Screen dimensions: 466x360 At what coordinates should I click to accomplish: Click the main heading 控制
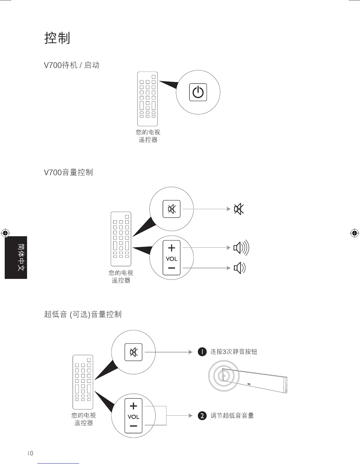pyautogui.click(x=57, y=38)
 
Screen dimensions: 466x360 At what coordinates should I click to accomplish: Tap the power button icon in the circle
pyautogui.click(x=198, y=92)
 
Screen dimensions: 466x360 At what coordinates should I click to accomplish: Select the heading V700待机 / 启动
pyautogui.click(x=71, y=65)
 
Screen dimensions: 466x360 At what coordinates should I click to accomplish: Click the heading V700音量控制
pyautogui.click(x=68, y=172)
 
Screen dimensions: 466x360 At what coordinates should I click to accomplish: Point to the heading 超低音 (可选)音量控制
pyautogui.click(x=83, y=314)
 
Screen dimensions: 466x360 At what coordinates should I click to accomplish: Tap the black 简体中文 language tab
pyautogui.click(x=16, y=257)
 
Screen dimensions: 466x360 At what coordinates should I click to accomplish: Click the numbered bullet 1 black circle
pyautogui.click(x=202, y=352)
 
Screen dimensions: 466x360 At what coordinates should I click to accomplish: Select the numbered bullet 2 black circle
pyautogui.click(x=202, y=416)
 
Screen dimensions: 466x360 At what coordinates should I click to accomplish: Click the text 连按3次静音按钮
pyautogui.click(x=234, y=352)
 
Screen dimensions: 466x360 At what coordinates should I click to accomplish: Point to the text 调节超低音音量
pyautogui.click(x=232, y=416)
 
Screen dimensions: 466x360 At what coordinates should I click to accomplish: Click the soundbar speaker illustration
pyautogui.click(x=254, y=380)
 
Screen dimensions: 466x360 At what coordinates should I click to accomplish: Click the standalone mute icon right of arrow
pyautogui.click(x=239, y=209)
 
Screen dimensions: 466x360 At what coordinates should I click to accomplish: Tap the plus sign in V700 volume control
pyautogui.click(x=171, y=248)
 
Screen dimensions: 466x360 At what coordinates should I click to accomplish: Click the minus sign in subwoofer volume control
pyautogui.click(x=134, y=426)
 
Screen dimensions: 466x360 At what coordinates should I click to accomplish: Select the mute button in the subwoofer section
pyautogui.click(x=134, y=352)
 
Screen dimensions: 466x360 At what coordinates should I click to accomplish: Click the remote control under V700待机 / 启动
pyautogui.click(x=147, y=99)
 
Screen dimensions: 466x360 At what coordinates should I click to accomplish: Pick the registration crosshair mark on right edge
pyautogui.click(x=354, y=233)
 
